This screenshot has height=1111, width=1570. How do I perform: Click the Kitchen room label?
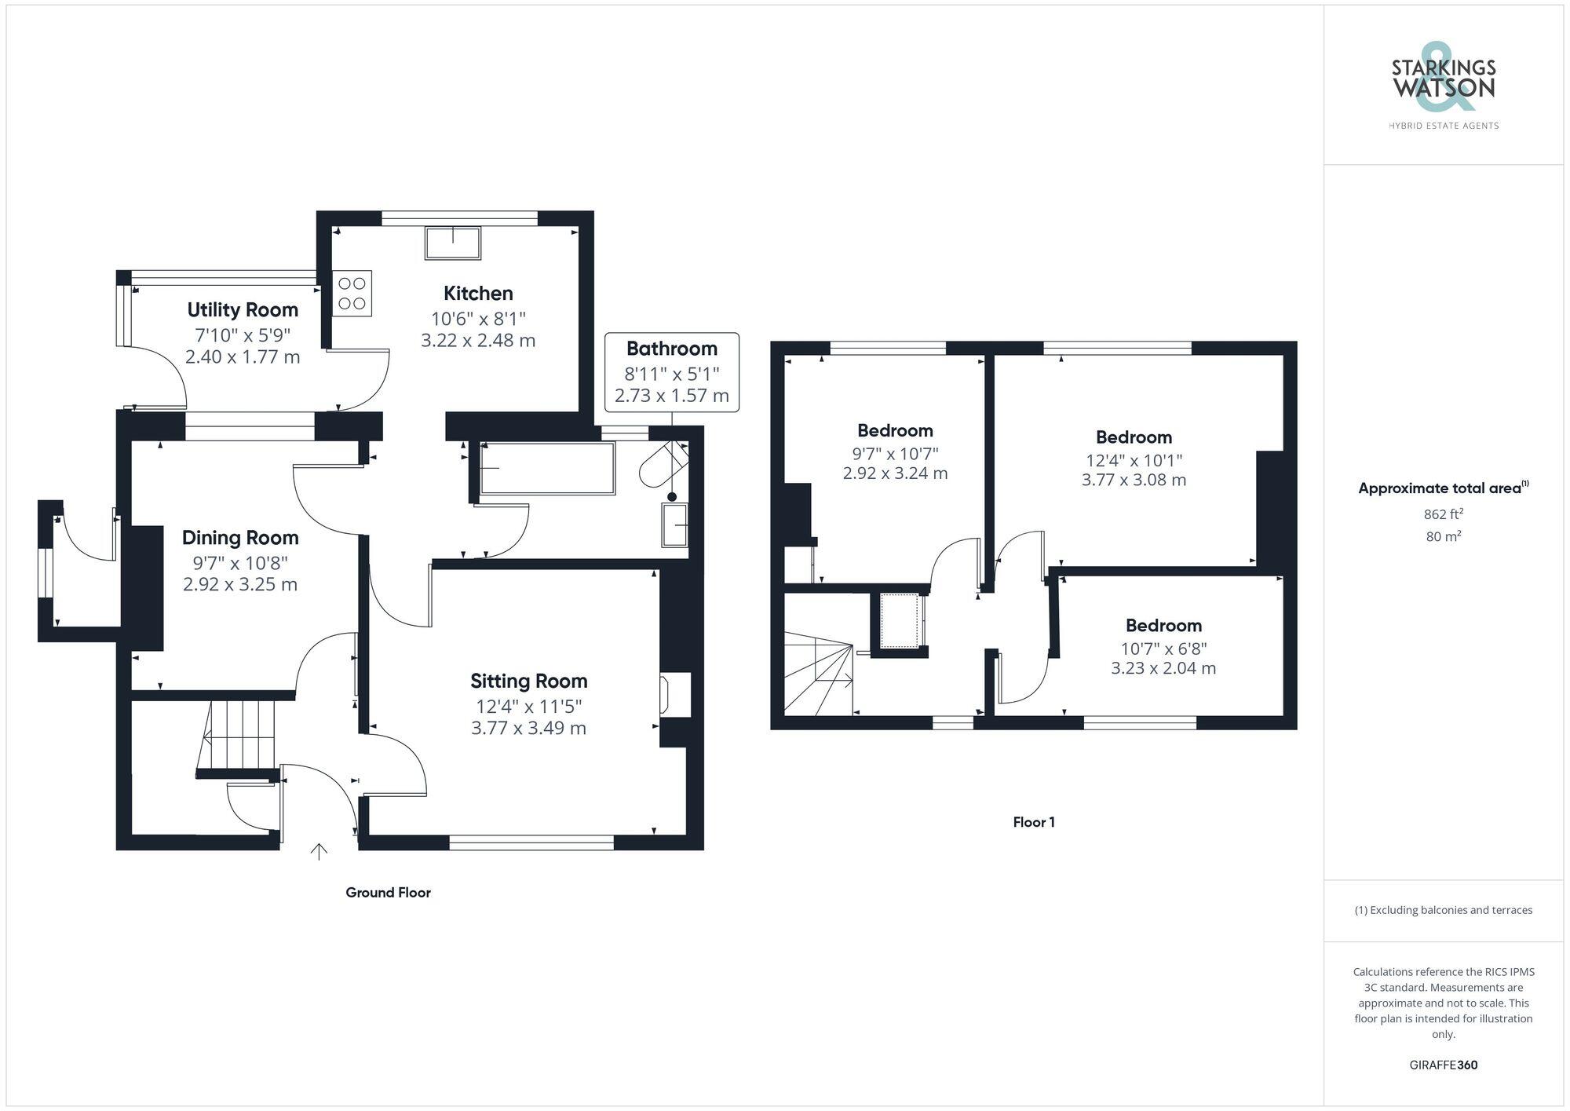coord(478,294)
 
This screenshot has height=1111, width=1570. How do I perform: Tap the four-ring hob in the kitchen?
coord(352,293)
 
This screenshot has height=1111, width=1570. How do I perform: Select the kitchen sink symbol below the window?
coord(452,243)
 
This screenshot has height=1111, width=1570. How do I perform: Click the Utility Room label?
coord(243,310)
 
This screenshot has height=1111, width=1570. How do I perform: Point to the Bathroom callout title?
coord(671,349)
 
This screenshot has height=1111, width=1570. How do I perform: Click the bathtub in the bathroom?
coord(547,469)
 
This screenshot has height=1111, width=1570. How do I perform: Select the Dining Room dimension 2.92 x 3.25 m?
coord(240,584)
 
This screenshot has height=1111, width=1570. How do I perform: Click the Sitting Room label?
coord(528,681)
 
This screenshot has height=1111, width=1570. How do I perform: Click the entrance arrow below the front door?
coord(319,850)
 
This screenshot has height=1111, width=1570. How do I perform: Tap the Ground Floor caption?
coord(388,893)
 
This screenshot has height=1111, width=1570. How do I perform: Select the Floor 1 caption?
coord(1033,822)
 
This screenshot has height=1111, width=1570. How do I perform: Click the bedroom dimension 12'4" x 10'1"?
coord(1134,460)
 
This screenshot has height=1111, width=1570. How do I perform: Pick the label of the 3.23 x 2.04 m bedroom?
coord(1163,626)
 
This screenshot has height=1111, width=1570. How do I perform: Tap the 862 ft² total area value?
coord(1443,514)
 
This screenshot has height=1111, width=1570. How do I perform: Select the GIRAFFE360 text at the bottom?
coord(1443,1065)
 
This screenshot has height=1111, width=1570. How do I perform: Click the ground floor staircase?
coord(239,736)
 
